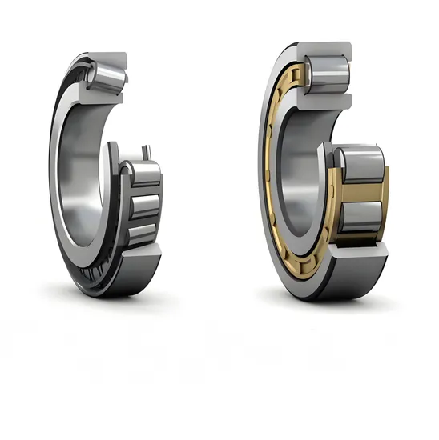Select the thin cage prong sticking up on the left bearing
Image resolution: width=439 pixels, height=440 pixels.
[145, 154]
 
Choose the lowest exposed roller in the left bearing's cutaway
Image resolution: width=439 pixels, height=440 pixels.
[142, 233]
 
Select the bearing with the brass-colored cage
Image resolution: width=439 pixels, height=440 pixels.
[320, 172]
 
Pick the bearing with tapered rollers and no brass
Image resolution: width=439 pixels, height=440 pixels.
[104, 176]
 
